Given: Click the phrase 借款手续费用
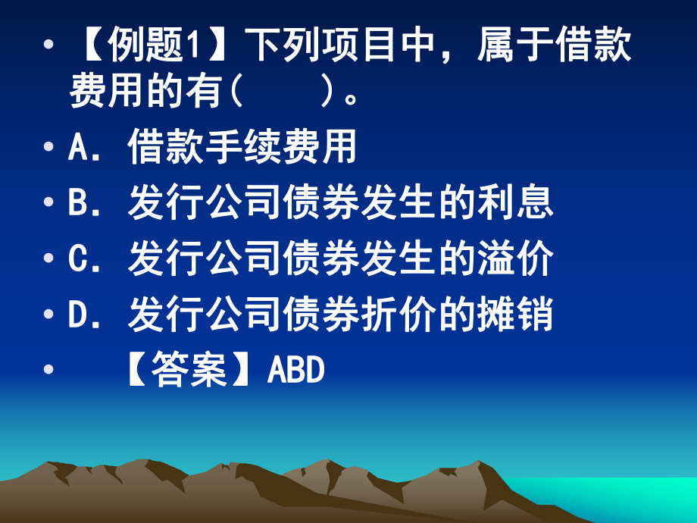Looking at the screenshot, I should point(242,148).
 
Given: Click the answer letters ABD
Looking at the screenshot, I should point(296,371).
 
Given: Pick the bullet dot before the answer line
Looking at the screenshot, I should point(50,372).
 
